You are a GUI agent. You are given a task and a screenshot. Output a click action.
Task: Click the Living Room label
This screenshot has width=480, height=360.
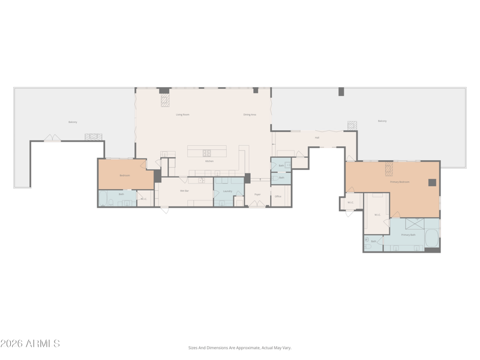(x=182, y=114)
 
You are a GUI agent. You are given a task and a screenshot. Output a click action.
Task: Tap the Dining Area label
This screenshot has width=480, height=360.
(x=250, y=114)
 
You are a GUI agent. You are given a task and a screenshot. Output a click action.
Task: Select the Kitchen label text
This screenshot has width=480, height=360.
(x=209, y=161)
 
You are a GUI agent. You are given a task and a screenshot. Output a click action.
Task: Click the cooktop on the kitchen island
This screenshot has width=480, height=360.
(x=207, y=152)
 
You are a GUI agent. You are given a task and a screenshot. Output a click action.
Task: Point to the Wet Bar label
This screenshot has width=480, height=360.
(x=184, y=191)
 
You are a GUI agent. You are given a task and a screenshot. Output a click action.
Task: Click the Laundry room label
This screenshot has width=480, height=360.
(x=227, y=191)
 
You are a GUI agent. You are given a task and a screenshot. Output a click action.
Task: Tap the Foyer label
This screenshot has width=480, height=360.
(x=257, y=194)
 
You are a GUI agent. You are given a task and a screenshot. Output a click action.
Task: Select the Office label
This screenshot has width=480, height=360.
(x=278, y=196)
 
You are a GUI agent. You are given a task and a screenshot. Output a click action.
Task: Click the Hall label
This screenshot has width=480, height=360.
(x=317, y=137)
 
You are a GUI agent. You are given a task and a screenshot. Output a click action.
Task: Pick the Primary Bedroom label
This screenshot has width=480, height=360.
(x=400, y=182)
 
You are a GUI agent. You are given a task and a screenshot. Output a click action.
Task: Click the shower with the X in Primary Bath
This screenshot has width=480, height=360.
(x=415, y=223)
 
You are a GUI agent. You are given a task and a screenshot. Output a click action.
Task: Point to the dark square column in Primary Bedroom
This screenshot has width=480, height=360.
(x=432, y=182)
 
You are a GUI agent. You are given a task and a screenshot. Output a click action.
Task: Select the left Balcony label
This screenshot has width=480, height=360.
(x=73, y=122)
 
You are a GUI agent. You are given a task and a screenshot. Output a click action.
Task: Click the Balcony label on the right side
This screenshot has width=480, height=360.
(x=382, y=121)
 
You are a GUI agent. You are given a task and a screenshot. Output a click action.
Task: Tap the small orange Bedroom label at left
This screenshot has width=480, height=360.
(x=125, y=175)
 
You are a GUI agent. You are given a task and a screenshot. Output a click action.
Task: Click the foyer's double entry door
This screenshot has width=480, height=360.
(x=257, y=205)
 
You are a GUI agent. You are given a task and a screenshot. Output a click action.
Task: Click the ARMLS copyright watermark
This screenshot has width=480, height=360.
(x=30, y=344)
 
